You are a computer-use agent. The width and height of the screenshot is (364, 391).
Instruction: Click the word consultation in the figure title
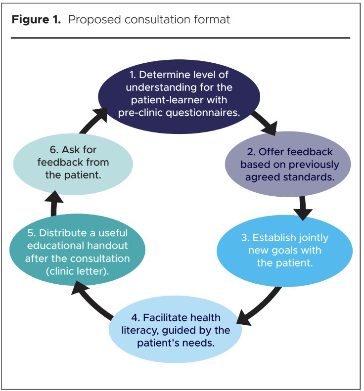coord(161,20)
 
